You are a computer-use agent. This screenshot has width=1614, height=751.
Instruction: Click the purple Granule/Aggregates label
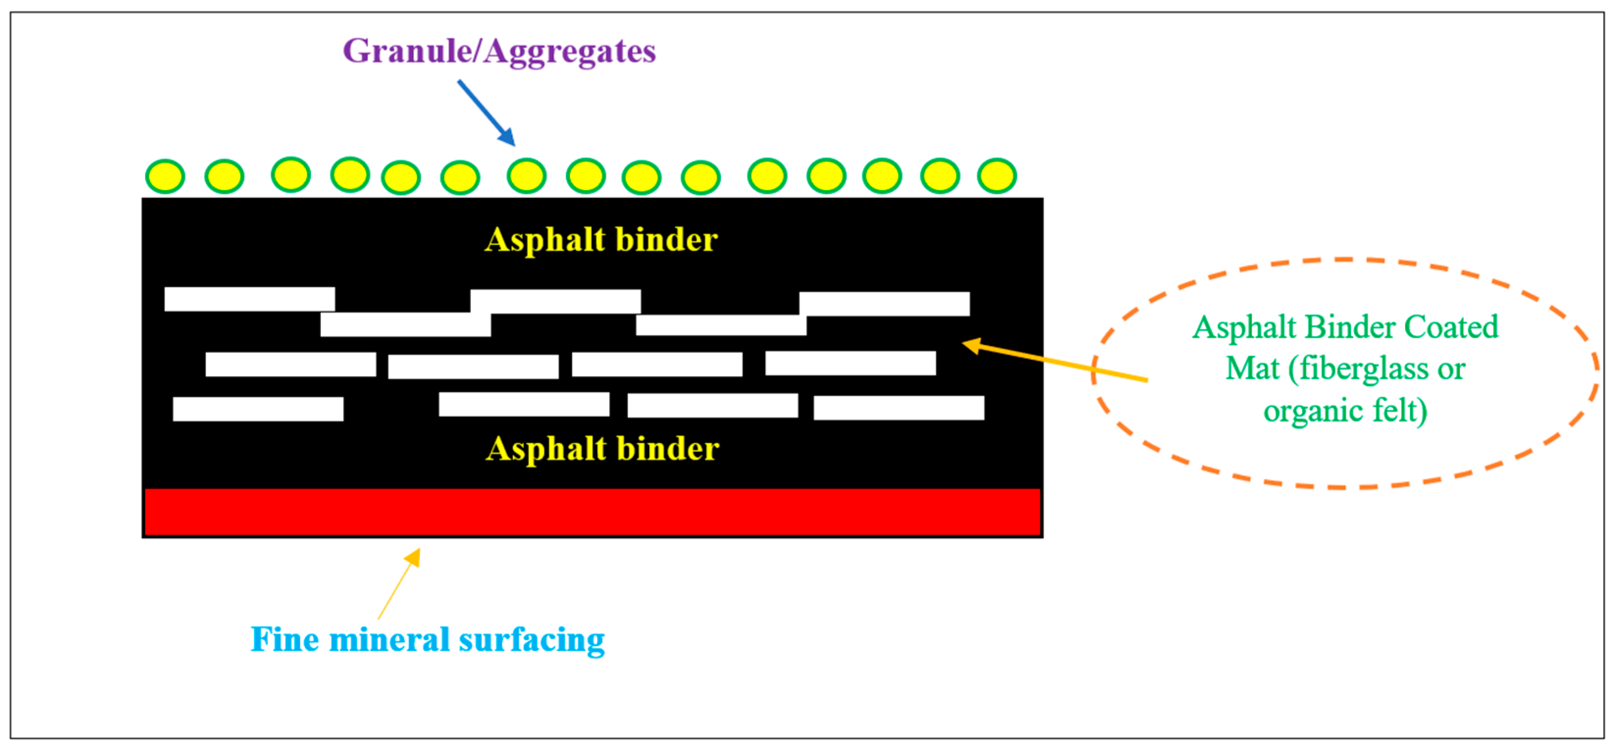click(x=499, y=51)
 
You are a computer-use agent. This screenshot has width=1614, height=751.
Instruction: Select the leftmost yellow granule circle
click(x=165, y=176)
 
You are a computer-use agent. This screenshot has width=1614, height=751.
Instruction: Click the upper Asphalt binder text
click(x=601, y=240)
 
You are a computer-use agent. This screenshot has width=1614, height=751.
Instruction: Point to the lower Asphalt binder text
click(x=602, y=449)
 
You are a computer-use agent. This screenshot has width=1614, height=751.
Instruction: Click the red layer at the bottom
click(x=592, y=512)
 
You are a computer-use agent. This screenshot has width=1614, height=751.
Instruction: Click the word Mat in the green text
click(x=1252, y=368)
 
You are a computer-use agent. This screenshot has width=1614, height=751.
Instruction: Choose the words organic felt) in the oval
click(x=1345, y=411)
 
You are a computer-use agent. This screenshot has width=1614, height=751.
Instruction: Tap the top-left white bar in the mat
click(x=249, y=300)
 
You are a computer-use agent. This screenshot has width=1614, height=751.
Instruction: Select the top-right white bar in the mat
click(x=884, y=304)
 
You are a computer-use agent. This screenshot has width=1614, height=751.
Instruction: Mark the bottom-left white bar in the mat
click(x=257, y=409)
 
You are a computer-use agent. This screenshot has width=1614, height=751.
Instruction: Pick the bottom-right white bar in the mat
click(x=898, y=408)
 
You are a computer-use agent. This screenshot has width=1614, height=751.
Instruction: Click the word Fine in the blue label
click(x=284, y=640)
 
